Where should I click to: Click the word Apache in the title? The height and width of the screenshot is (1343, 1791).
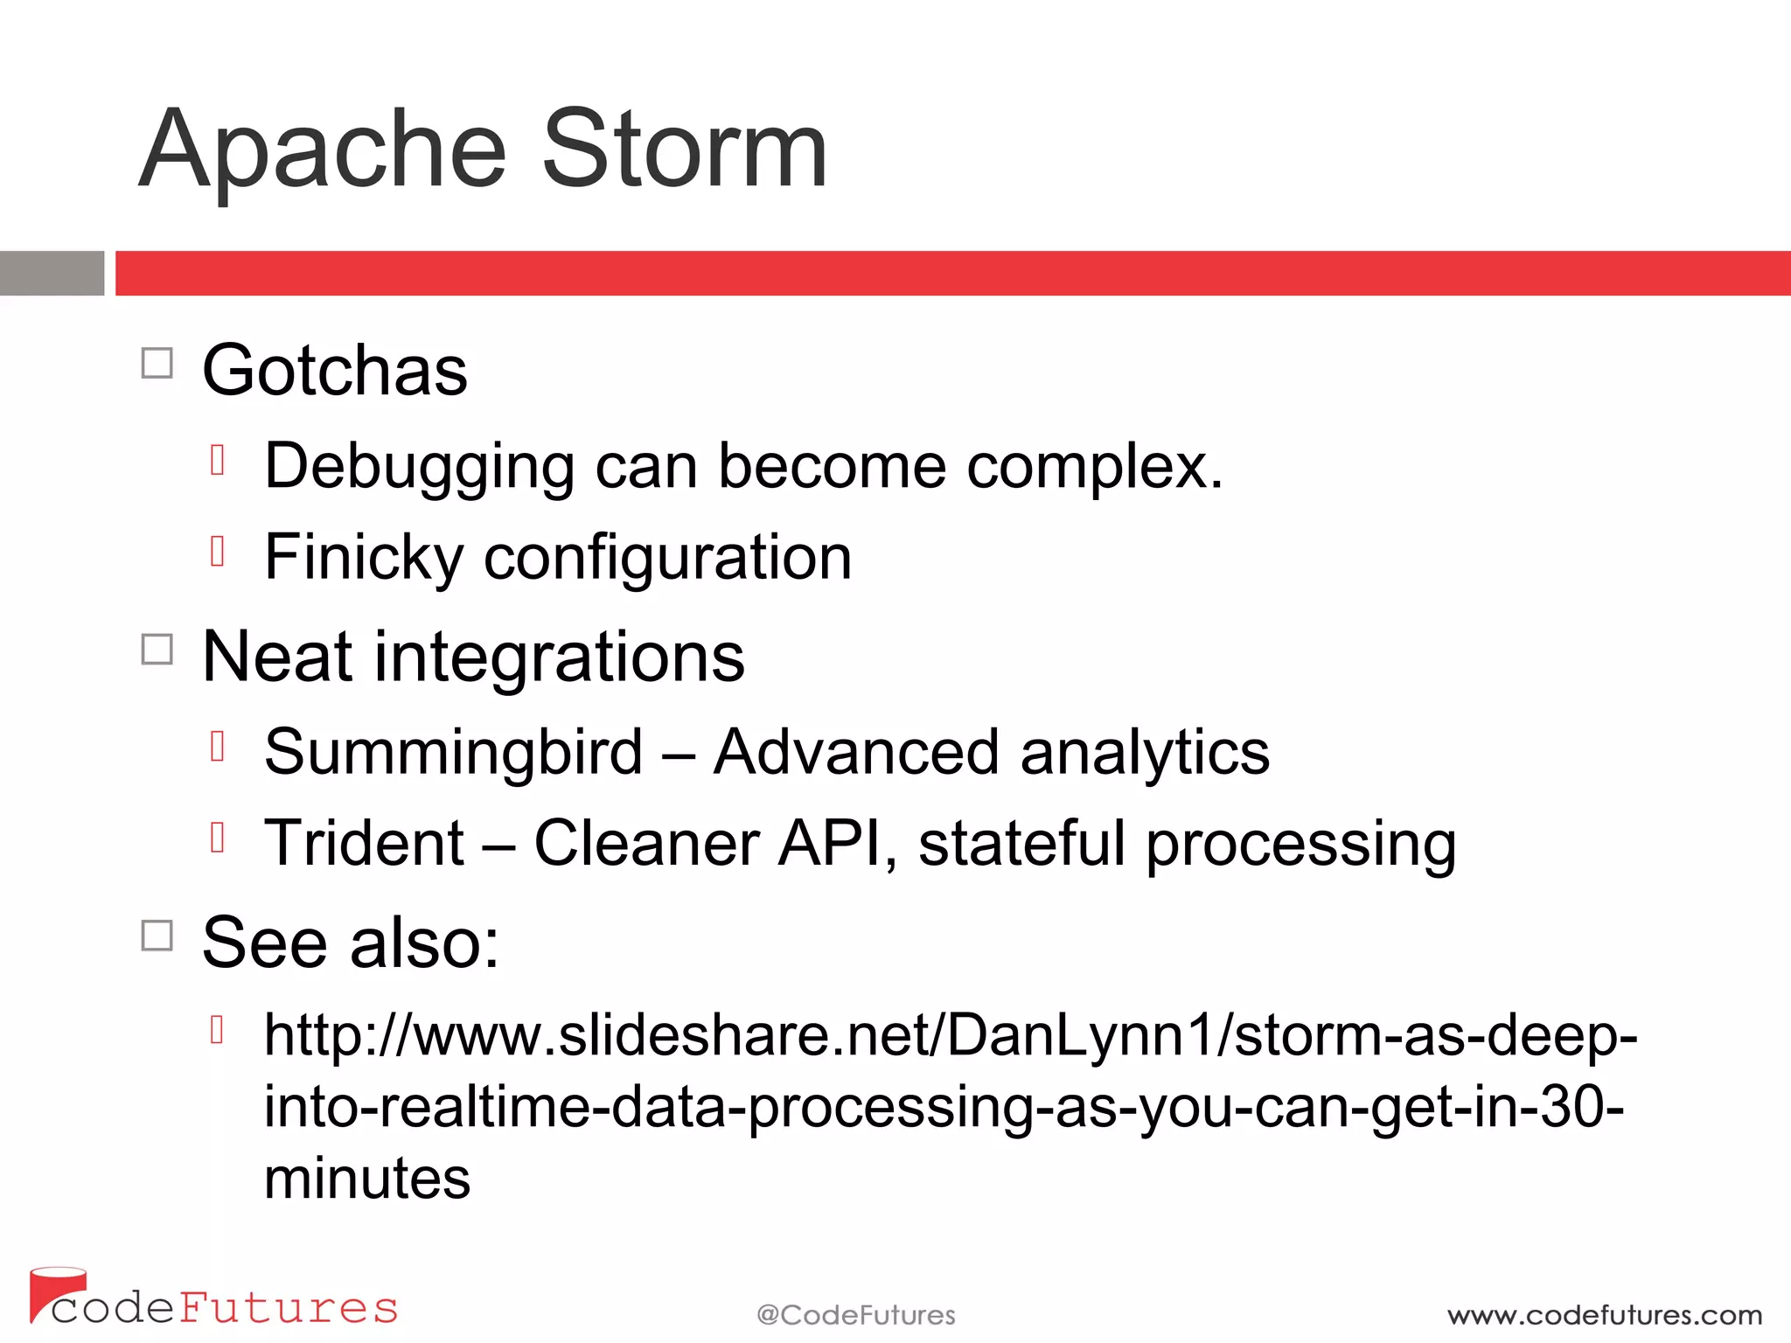coord(324,150)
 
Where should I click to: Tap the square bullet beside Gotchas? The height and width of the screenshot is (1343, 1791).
coord(157,364)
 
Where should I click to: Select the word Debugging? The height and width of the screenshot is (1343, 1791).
coord(419,467)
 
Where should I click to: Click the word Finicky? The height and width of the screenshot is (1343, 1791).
coord(363,558)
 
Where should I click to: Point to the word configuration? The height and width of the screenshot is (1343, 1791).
coord(667,558)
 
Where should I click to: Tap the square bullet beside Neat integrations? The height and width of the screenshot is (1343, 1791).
coord(157,650)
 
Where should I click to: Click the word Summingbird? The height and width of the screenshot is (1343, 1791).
coord(453,752)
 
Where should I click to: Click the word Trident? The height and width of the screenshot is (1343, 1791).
coord(364,843)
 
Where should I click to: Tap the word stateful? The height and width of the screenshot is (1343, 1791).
coord(1021,843)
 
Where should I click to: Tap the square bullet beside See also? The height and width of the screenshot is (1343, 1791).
coord(157,936)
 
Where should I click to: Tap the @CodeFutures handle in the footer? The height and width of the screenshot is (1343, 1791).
coord(855,1315)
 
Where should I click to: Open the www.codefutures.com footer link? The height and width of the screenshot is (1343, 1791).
coord(1605,1315)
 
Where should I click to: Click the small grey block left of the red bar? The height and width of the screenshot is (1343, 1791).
coord(52,273)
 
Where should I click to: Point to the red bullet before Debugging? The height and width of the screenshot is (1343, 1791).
coord(218,460)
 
